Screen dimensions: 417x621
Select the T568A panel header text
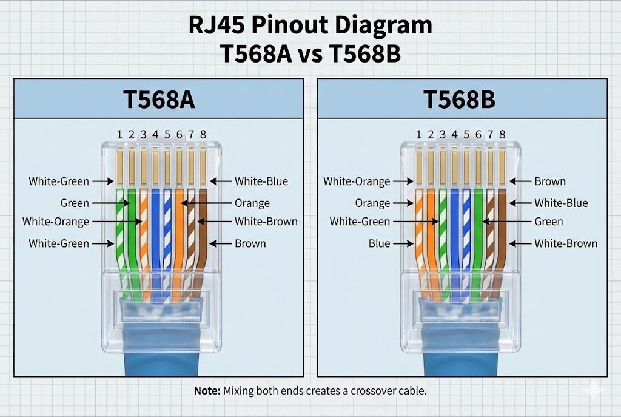159,100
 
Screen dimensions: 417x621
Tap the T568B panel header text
459,100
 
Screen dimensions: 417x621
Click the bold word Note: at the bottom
207,391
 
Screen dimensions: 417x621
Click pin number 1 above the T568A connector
119,134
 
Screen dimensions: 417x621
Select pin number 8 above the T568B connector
502,134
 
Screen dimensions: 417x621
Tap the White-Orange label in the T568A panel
56,222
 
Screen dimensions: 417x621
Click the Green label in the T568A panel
75,203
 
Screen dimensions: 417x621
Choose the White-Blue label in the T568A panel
261,181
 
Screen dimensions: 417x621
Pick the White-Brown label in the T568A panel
266,222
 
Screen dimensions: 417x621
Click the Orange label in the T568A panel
252,203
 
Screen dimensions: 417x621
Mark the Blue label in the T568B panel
379,243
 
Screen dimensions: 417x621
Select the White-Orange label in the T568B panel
357,181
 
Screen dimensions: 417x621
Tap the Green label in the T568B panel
549,222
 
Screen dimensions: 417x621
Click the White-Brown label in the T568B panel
566,243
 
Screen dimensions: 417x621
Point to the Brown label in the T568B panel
550,181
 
